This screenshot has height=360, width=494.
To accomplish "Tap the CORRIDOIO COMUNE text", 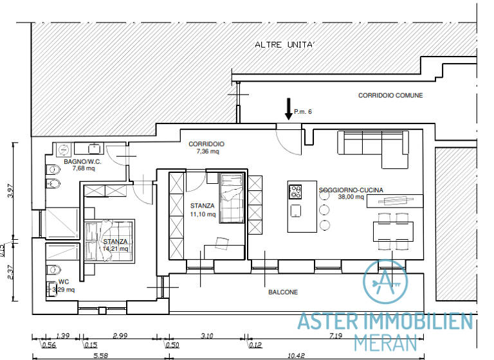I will (x=390, y=95).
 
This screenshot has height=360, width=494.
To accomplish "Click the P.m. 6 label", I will (x=303, y=113).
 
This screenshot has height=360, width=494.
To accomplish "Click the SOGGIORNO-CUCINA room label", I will (x=351, y=190).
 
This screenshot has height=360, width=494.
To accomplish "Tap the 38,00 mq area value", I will (x=351, y=197).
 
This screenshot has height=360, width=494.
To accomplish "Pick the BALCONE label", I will (x=283, y=292).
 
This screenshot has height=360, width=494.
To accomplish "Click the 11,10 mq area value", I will (x=203, y=214).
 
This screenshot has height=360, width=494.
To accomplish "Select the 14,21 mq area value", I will (x=115, y=249).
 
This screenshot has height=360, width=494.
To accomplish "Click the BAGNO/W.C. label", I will (x=82, y=161).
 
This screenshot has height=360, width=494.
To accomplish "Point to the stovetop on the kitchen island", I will (x=296, y=192).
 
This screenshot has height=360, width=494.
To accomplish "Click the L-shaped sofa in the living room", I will (x=372, y=144).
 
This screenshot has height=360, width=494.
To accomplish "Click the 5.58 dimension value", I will (x=99, y=355).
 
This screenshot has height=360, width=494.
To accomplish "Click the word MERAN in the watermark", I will (x=385, y=341).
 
